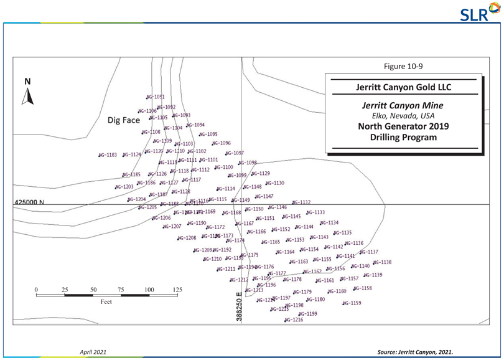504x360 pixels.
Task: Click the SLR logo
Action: [x=483, y=12]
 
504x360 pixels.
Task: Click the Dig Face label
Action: [x=124, y=120]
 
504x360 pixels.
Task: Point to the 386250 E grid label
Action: [x=240, y=308]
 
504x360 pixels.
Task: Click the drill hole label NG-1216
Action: [x=294, y=320]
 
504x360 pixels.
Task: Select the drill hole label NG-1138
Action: [x=382, y=262]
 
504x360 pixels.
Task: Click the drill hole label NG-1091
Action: [x=155, y=97]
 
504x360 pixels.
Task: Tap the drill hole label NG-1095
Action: [x=208, y=134]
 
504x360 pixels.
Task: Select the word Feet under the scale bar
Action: [x=106, y=302]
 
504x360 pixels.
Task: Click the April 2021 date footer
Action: [x=91, y=352]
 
